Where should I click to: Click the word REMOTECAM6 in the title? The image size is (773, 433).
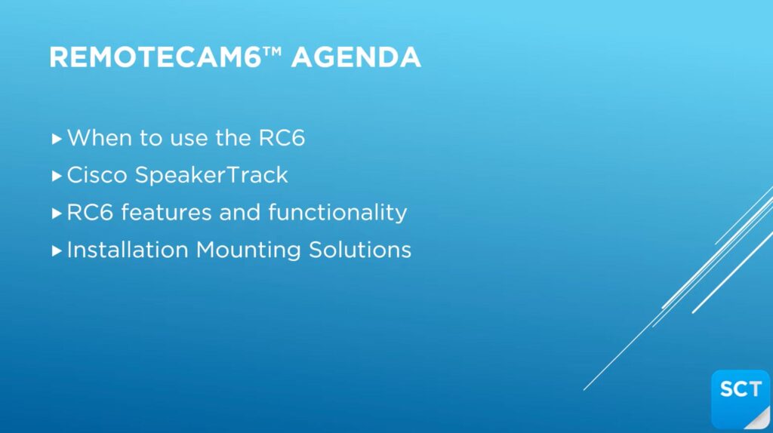pos(156,57)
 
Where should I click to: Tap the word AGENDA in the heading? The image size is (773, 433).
pos(356,57)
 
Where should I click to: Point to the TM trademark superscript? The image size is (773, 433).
pos(272,51)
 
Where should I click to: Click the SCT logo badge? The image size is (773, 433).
pos(741,399)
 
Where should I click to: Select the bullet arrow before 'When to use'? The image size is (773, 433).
pos(57,138)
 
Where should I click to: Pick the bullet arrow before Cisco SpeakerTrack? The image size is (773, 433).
pos(57,176)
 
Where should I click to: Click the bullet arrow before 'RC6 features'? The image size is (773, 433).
pos(57,213)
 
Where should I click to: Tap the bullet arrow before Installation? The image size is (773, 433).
pos(57,250)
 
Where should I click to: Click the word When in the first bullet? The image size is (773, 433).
pos(100,137)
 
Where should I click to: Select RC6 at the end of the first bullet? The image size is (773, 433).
pos(282,137)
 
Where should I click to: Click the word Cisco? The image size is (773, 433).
pos(97,175)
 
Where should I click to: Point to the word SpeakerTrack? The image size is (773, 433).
pos(211,175)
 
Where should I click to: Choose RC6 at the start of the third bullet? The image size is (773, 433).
pos(91,212)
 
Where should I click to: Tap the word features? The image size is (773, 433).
pos(166,212)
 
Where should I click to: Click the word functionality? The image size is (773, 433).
pos(337,212)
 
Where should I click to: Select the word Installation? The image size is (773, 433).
pos(128,250)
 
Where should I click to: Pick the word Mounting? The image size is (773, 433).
pos(248,250)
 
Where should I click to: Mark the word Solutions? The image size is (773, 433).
pos(360,250)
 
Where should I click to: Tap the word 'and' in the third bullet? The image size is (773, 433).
pos(239,212)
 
